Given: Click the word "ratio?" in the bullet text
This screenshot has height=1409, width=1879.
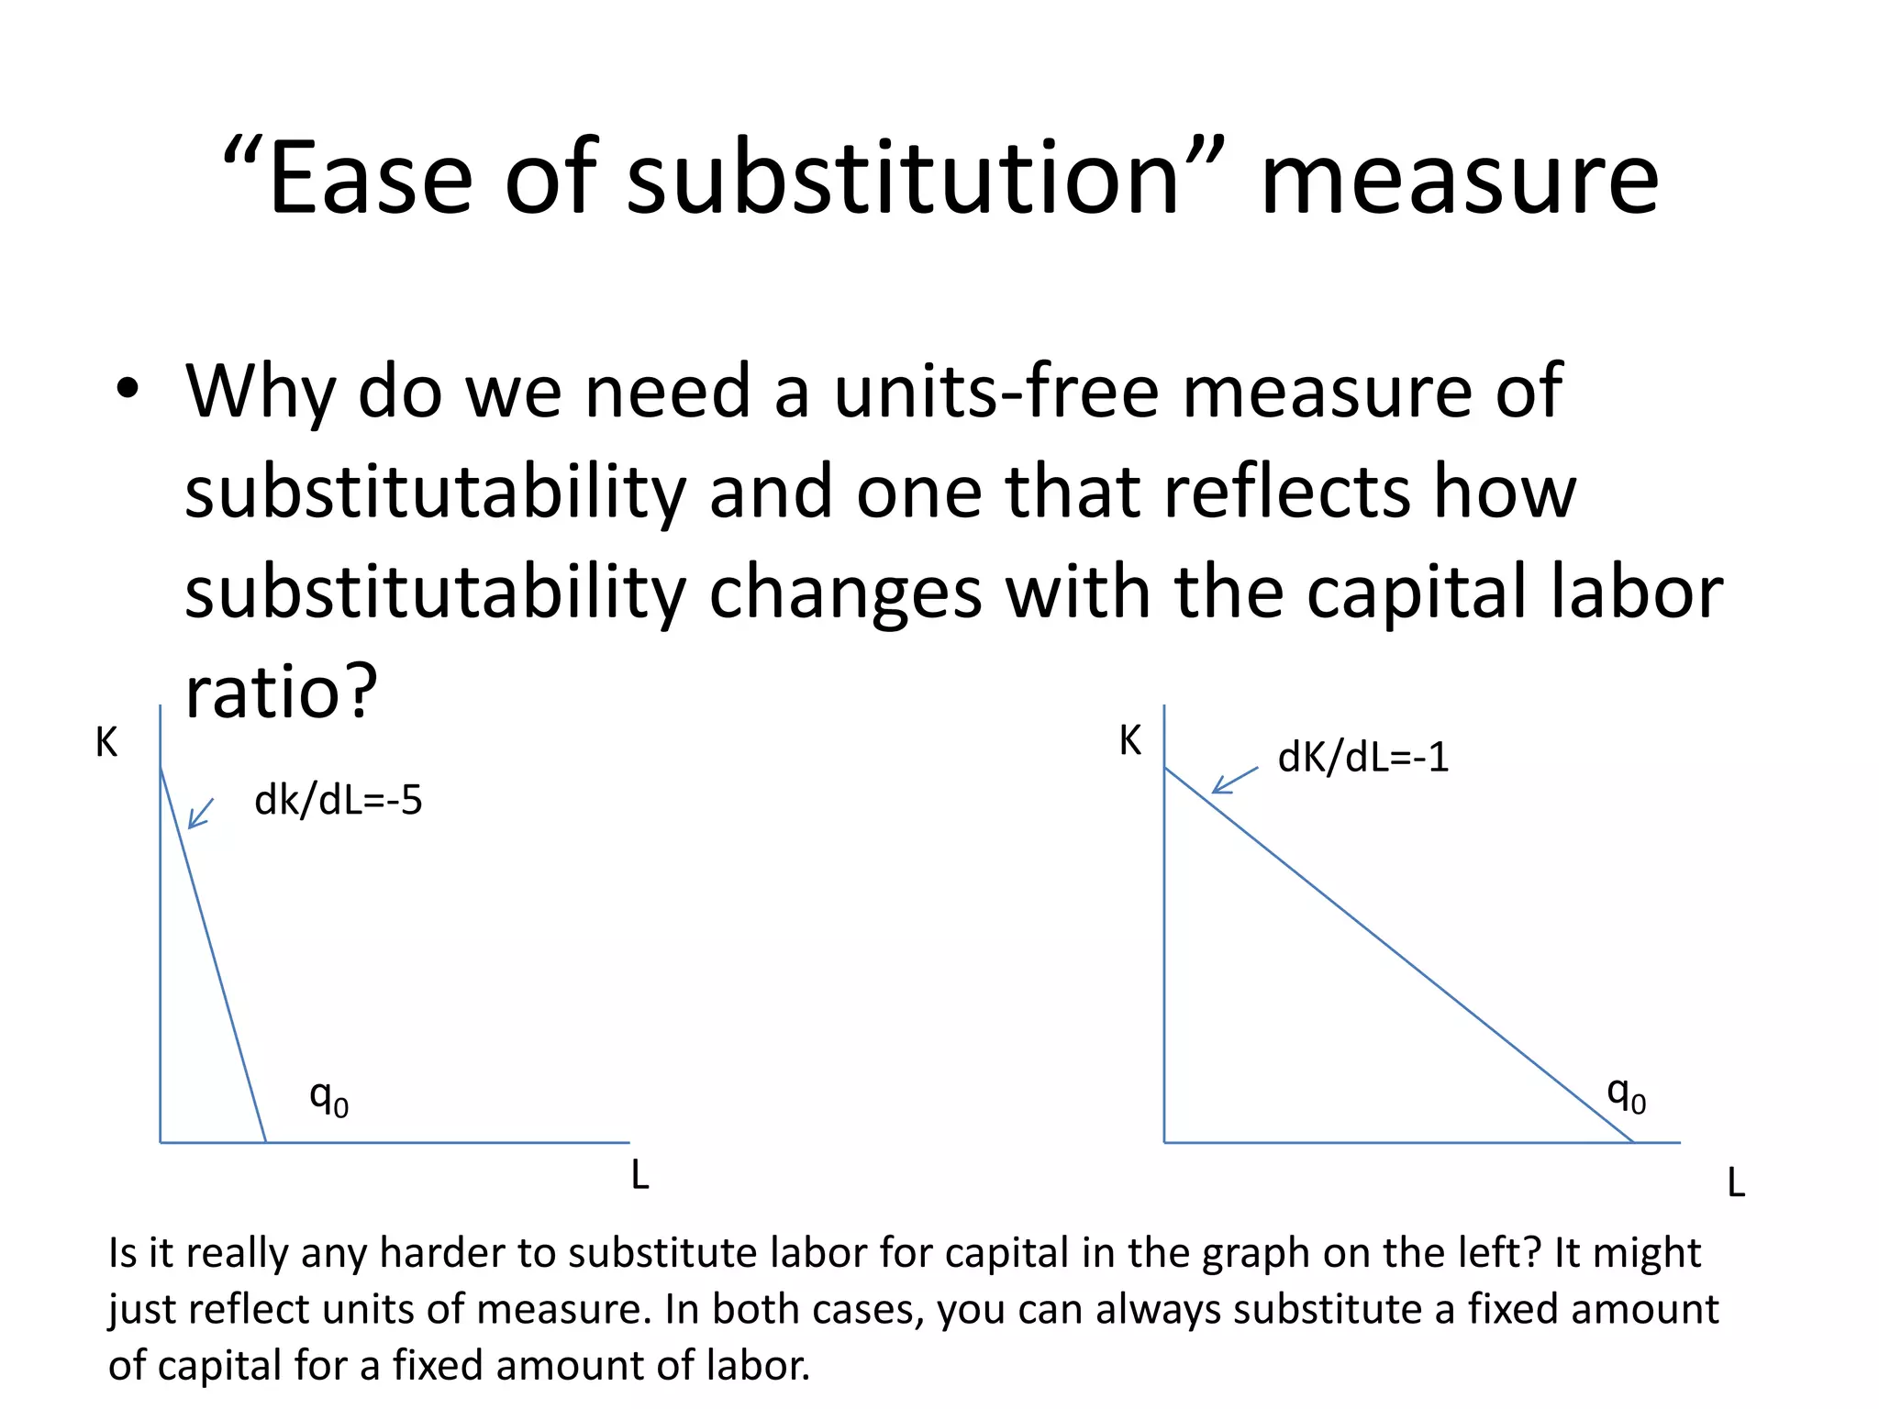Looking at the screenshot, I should click(x=281, y=692).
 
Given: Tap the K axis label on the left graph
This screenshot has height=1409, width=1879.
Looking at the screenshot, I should click(x=106, y=742).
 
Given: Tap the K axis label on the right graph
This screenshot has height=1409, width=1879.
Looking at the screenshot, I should click(x=1129, y=739).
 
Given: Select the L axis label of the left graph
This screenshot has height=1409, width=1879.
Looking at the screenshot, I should click(x=639, y=1175).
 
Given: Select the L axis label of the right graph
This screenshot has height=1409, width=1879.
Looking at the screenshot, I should click(x=1735, y=1183).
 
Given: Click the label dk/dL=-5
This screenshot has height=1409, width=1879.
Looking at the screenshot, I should click(x=338, y=800).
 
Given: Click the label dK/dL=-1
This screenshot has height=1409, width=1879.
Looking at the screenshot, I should click(x=1362, y=758).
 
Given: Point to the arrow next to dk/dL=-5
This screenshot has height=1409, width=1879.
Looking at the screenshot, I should click(x=201, y=813).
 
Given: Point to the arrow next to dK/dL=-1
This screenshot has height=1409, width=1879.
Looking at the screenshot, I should click(x=1234, y=780).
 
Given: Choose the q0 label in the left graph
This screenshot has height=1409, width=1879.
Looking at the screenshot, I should click(x=328, y=1097).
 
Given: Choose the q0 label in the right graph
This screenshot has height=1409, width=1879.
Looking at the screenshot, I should click(x=1626, y=1094).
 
